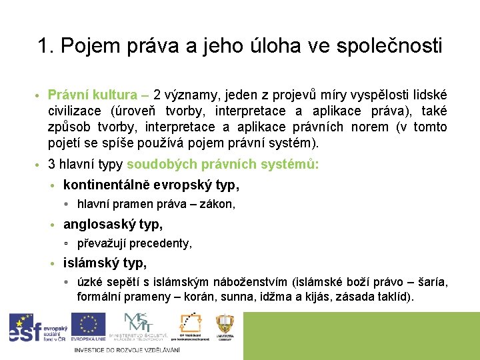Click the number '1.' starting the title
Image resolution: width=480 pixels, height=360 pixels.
(x=45, y=46)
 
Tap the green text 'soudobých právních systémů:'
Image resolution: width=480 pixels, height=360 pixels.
(x=223, y=163)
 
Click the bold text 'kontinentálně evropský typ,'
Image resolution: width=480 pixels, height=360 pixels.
(x=151, y=185)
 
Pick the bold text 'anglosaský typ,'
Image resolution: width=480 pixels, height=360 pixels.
(x=113, y=225)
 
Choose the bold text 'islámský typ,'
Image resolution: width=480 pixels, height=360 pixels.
(x=105, y=263)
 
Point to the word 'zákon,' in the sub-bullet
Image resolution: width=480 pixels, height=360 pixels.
(x=219, y=205)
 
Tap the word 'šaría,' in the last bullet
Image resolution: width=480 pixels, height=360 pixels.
(x=433, y=283)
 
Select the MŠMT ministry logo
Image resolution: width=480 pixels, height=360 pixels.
(x=138, y=327)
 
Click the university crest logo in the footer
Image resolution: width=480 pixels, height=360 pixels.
(x=225, y=327)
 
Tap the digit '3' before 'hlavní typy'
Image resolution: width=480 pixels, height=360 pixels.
(x=51, y=163)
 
